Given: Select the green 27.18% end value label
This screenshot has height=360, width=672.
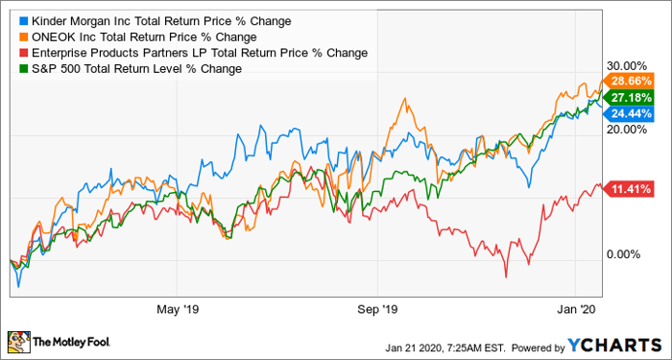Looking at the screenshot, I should pos(631,98).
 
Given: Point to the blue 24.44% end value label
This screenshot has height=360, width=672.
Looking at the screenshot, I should pos(631,113).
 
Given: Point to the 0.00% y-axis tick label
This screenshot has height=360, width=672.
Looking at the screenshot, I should pos(628,254).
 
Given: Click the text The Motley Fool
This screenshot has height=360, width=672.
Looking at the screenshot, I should pos(73,341).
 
